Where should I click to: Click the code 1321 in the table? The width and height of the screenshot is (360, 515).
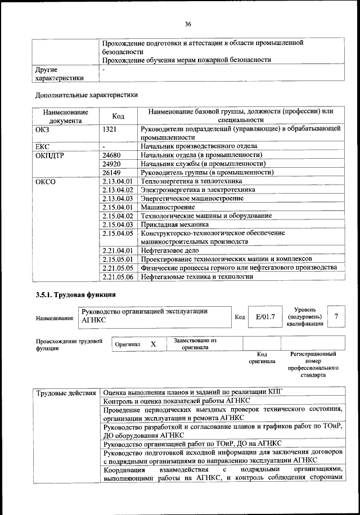110,128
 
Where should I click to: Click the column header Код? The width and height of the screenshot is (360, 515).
118,115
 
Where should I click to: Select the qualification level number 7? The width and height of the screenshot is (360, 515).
336,317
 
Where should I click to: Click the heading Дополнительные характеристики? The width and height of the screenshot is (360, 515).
86,95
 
